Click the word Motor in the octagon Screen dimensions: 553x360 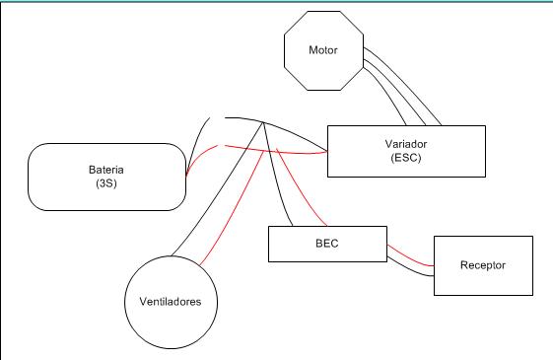(323, 50)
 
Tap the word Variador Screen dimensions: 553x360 (406, 144)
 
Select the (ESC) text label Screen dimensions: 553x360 (406, 158)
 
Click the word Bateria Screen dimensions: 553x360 (106, 170)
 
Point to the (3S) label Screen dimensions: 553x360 (106, 183)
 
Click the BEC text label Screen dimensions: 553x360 (327, 244)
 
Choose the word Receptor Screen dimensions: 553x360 (483, 265)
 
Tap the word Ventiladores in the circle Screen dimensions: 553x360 (171, 302)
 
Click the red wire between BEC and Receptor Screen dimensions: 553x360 (410, 257)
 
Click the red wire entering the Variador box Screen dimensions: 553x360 (275, 152)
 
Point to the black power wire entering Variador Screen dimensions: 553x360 (279, 127)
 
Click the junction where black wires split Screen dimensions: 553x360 (263, 122)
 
